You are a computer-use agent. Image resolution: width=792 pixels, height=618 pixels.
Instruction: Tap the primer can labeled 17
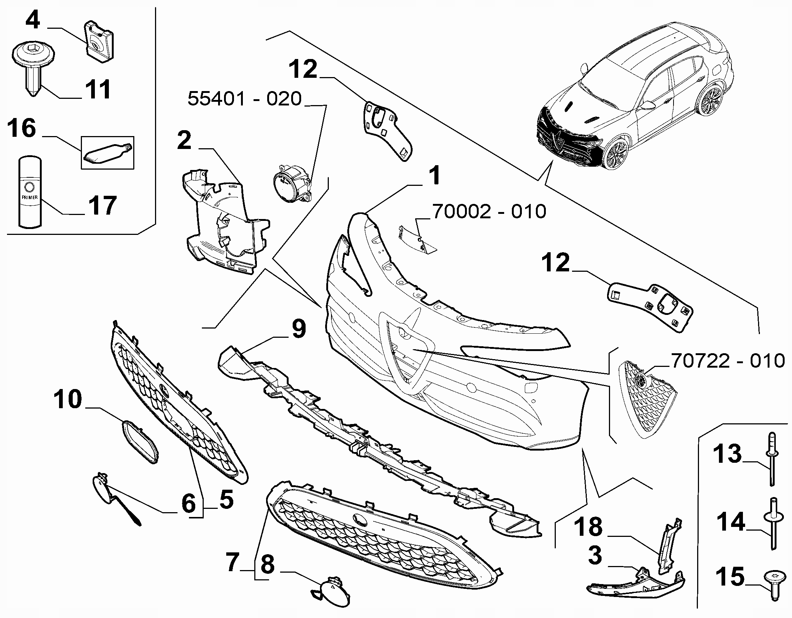tap(30, 192)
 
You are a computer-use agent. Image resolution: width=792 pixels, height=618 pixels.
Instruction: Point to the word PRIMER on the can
tap(30, 197)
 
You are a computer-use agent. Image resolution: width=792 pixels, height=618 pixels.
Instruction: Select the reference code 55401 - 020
tap(245, 99)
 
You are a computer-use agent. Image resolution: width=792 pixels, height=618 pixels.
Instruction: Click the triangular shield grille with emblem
tap(646, 397)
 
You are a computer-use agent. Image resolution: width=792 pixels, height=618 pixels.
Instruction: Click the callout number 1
tap(435, 176)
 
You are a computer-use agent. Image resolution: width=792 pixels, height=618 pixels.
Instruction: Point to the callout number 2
tap(184, 141)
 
